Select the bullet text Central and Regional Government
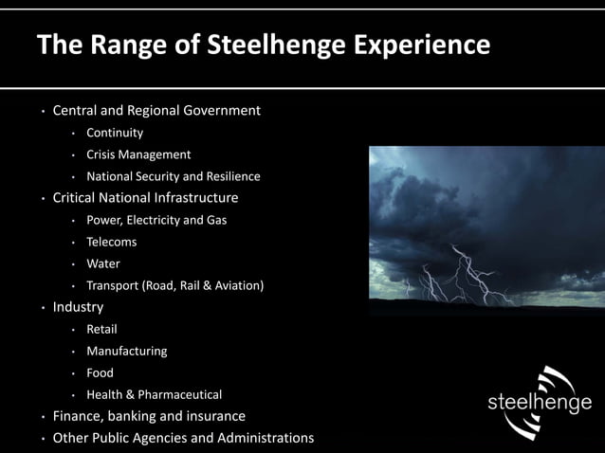coord(156,111)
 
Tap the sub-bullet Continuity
coord(115,133)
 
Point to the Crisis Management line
coord(138,154)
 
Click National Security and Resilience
coord(173,176)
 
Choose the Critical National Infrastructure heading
coord(145,198)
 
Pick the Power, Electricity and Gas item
coord(156,220)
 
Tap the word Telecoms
coord(112,242)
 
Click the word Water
coord(103,263)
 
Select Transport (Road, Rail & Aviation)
coord(174,285)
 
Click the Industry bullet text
coord(78,307)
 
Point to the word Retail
coord(102,329)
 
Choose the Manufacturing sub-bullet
coord(127,351)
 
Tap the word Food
coord(100,372)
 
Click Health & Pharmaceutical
coord(154,394)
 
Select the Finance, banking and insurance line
coord(149,416)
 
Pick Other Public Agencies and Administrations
coord(183,438)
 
